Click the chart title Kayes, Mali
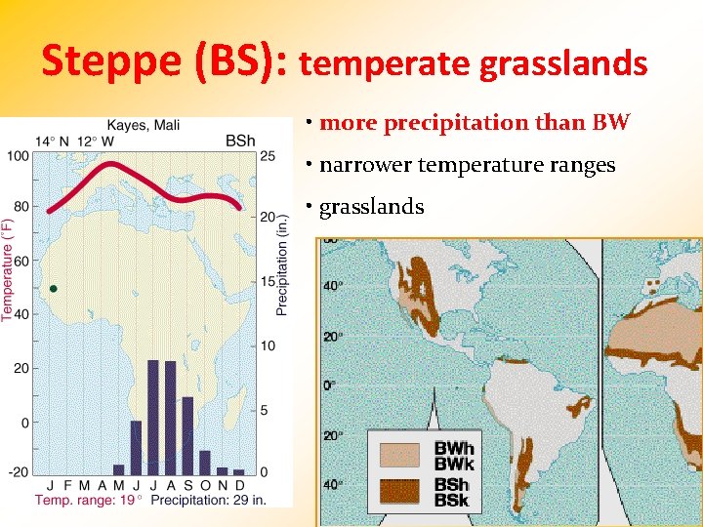pyautogui.click(x=143, y=124)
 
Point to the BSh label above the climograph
pyautogui.click(x=240, y=142)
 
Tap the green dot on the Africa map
pyautogui.click(x=54, y=289)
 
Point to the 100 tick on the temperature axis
pyautogui.click(x=19, y=156)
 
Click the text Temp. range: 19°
pyautogui.click(x=89, y=500)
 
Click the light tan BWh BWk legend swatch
pyautogui.click(x=399, y=454)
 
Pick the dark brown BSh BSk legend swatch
pyautogui.click(x=399, y=491)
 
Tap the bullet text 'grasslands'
pyautogui.click(x=372, y=207)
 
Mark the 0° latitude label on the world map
pyautogui.click(x=331, y=385)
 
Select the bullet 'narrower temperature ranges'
pyautogui.click(x=467, y=165)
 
